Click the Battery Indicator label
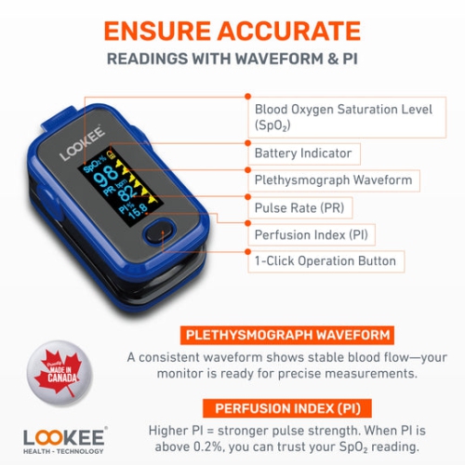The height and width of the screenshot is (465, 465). click(303, 153)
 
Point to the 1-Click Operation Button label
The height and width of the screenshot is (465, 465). click(325, 261)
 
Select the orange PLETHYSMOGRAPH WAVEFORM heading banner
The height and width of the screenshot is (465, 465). click(287, 335)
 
